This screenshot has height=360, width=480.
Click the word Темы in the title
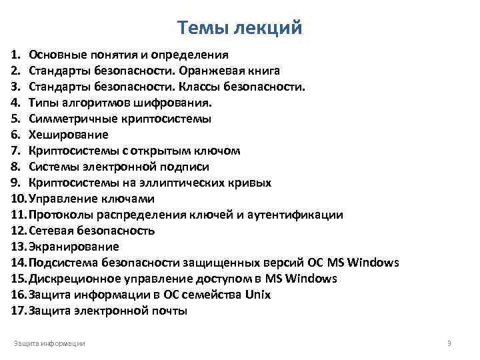click(201, 28)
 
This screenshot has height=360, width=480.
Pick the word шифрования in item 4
click(177, 103)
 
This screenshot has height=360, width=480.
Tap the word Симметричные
click(69, 119)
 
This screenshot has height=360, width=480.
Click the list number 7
click(15, 151)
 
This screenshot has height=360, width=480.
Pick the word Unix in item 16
click(258, 295)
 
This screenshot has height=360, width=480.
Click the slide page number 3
click(449, 343)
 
